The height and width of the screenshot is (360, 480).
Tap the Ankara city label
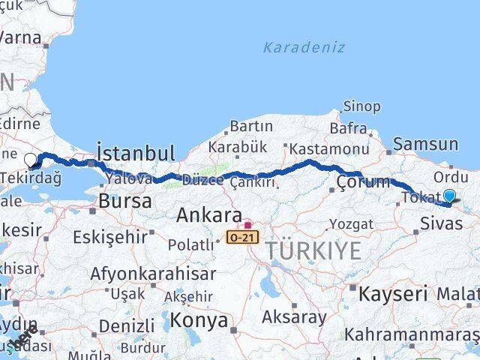point(208,216)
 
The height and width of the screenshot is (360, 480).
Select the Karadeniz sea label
point(304,47)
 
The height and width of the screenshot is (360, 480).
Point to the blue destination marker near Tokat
point(449,196)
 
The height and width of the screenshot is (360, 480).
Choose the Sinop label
point(361,106)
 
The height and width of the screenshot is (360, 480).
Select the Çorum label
point(363,181)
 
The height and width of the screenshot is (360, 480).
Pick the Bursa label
point(125,201)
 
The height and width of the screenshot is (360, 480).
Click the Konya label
point(199,320)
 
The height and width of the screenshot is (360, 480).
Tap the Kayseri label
point(392,293)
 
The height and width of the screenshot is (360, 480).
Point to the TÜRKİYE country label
point(312,250)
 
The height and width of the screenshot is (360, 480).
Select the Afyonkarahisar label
point(152,274)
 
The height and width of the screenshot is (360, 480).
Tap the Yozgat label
point(351,223)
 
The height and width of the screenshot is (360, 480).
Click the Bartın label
point(251,126)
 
